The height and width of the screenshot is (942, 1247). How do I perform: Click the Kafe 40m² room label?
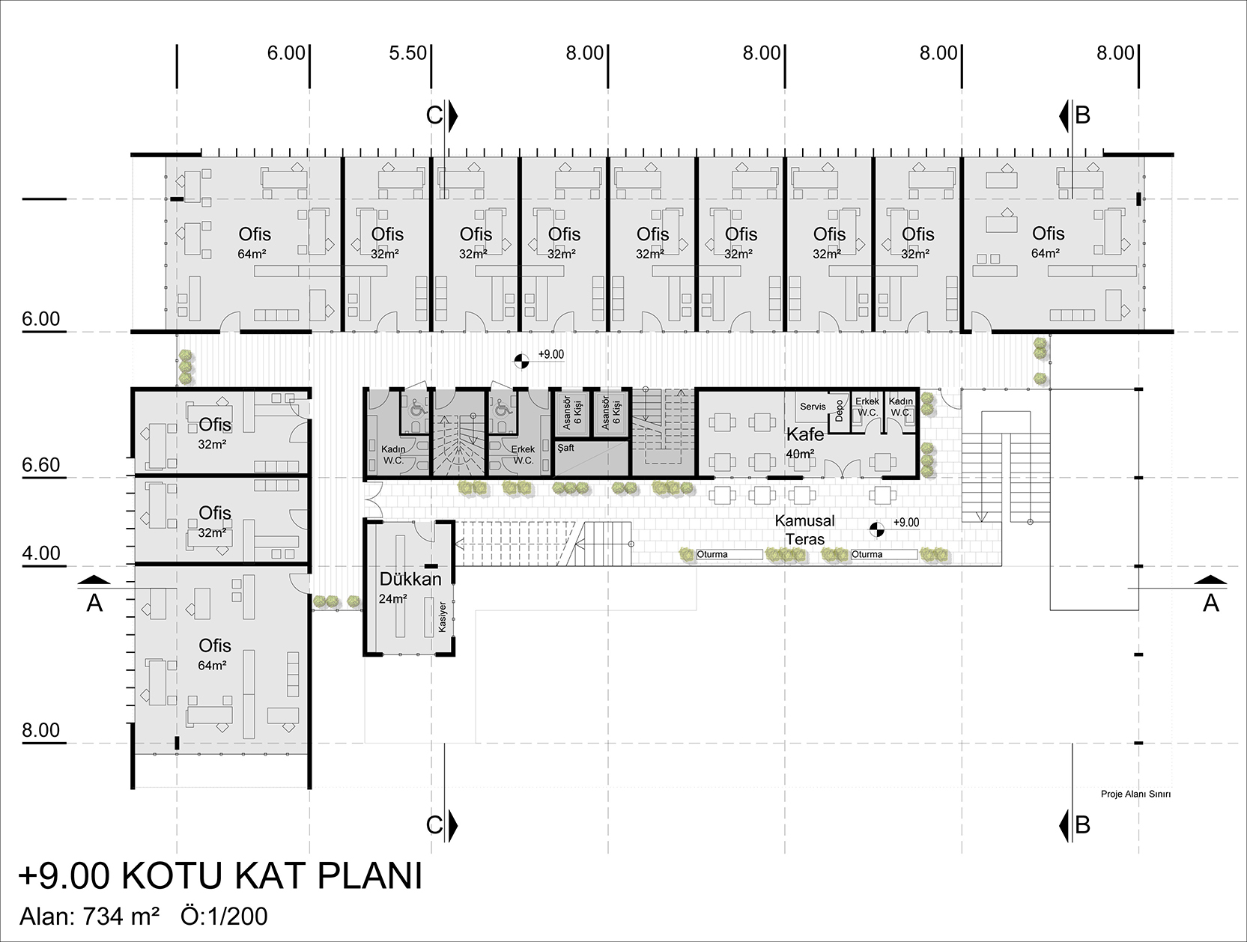804,443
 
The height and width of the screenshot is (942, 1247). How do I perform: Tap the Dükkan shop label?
410,579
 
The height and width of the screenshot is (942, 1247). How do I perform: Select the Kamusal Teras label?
804,529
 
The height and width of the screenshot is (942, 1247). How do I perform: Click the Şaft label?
566,448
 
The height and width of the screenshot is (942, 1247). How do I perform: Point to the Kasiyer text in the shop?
443,617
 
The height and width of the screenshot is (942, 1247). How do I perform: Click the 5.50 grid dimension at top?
407,53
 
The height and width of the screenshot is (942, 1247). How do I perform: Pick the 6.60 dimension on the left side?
41,465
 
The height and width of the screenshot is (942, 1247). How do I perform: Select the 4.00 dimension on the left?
41,553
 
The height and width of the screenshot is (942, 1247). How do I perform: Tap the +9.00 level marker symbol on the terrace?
876,529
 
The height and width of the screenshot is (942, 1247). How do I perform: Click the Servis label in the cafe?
813,407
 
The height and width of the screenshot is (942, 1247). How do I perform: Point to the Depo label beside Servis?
839,410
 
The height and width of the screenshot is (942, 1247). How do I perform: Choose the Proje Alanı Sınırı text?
1135,794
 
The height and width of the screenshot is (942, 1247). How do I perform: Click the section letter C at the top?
434,115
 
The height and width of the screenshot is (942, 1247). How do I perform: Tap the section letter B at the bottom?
1082,825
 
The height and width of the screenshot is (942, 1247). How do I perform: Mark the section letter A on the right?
1210,603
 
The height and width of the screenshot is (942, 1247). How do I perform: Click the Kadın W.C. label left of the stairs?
393,455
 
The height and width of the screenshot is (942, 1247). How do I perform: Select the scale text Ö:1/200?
224,917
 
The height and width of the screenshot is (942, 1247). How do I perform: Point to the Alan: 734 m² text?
90,917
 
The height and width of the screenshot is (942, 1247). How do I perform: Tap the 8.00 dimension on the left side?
41,730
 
